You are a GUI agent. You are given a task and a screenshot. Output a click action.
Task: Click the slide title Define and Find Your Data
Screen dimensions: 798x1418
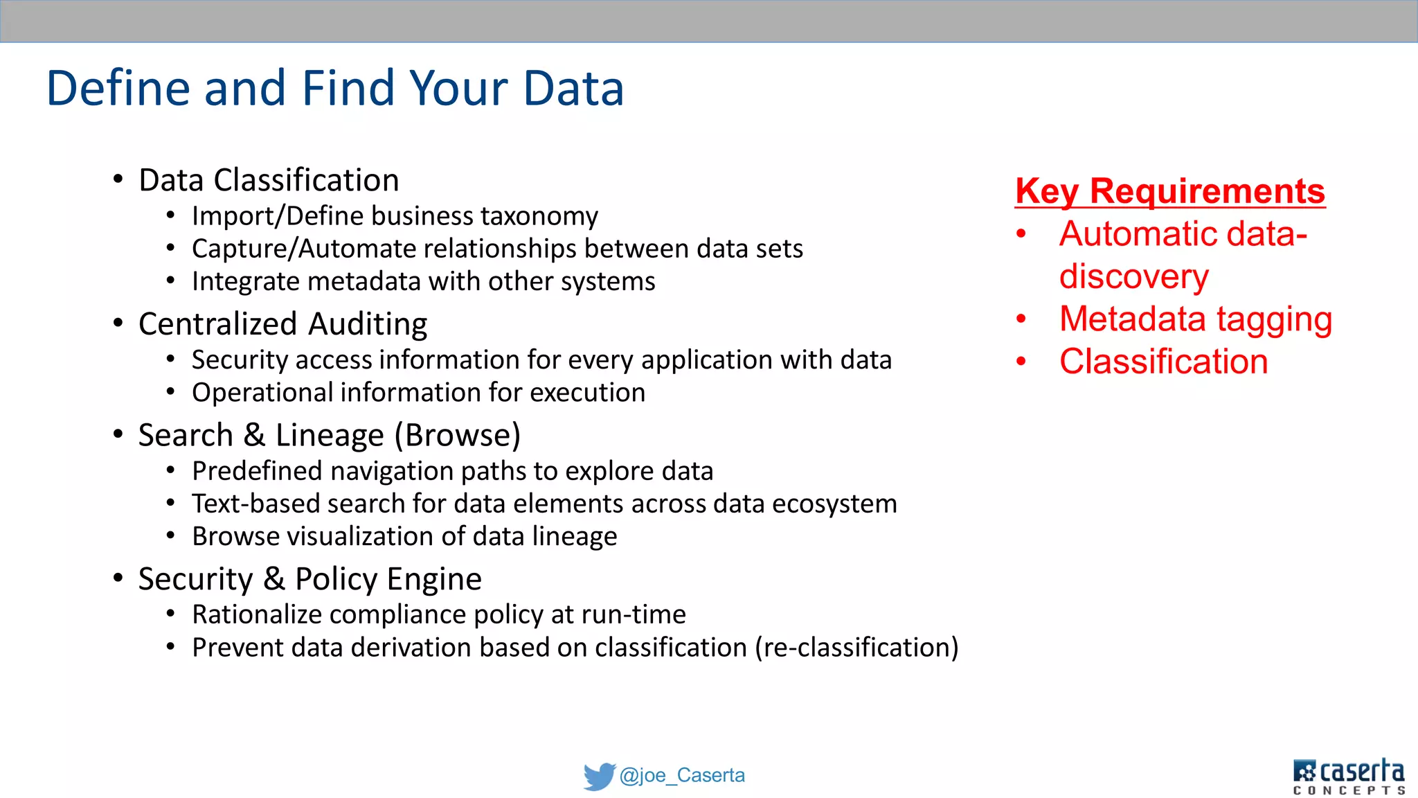[335, 88]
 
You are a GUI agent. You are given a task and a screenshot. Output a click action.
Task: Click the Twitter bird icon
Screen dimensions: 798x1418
[599, 776]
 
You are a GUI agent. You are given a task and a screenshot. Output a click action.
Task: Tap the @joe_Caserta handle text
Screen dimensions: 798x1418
[682, 775]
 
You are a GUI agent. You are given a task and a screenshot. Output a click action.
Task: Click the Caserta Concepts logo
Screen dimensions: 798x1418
[1348, 777]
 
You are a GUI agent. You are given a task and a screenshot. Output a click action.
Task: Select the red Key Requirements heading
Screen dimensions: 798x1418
[1169, 191]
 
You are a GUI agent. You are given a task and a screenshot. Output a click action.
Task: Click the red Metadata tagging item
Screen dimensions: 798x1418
[1195, 319]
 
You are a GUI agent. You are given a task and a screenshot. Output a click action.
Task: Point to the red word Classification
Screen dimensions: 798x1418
[1163, 362]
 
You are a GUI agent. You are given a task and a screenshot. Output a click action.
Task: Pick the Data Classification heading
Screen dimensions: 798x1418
[269, 180]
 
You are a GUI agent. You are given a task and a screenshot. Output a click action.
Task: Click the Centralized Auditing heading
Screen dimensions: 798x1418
[282, 324]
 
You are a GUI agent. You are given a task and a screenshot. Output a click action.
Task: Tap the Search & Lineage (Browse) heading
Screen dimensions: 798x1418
[329, 435]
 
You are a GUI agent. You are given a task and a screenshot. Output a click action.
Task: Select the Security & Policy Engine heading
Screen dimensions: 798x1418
[309, 579]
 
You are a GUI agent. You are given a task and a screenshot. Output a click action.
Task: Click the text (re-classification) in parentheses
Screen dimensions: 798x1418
[856, 648]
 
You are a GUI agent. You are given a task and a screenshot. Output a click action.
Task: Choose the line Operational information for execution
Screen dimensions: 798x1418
[418, 393]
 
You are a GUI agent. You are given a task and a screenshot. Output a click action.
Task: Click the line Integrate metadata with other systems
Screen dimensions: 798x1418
[423, 282]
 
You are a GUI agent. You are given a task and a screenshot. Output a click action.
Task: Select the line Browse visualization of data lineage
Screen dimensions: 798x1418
[404, 537]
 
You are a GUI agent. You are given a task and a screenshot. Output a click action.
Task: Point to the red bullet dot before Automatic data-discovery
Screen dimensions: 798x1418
[1021, 234]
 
